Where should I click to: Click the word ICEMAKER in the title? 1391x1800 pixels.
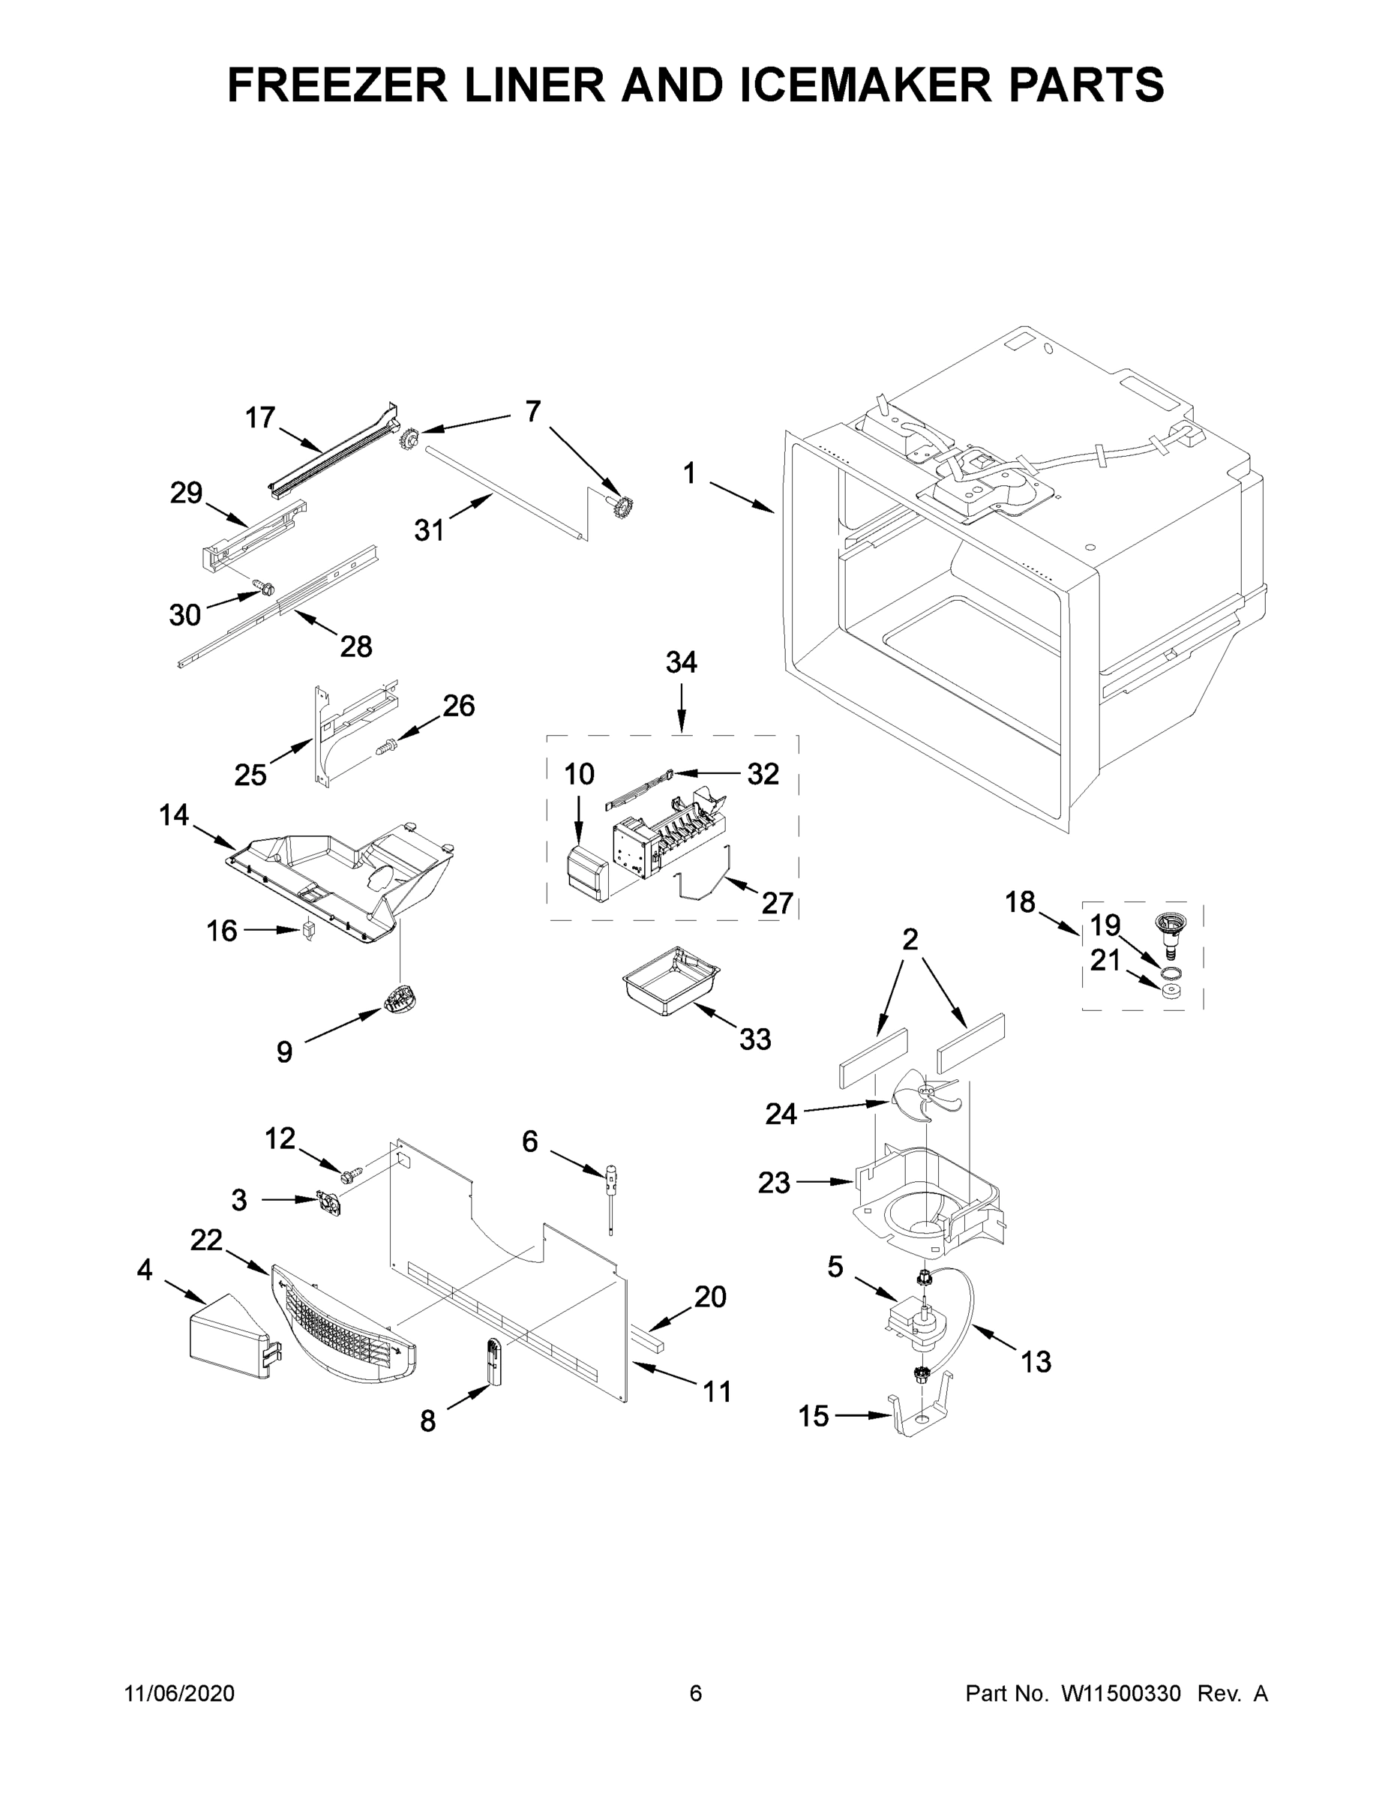click(866, 85)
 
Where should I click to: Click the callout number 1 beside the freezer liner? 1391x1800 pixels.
click(690, 474)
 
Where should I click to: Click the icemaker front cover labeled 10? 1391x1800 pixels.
click(585, 874)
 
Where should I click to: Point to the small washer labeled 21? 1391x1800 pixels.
click(1169, 990)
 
